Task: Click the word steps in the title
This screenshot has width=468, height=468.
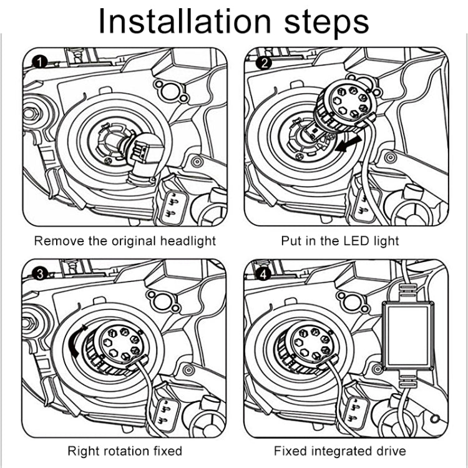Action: [327, 22]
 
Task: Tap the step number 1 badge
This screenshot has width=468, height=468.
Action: [40, 62]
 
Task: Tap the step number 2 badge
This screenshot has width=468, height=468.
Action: [264, 63]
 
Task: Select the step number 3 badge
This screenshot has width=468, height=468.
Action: [40, 274]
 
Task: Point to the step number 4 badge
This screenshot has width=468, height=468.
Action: [263, 275]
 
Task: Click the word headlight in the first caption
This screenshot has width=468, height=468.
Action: [188, 241]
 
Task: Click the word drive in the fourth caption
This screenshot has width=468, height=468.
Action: [392, 451]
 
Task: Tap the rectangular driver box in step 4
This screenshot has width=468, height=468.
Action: [408, 336]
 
